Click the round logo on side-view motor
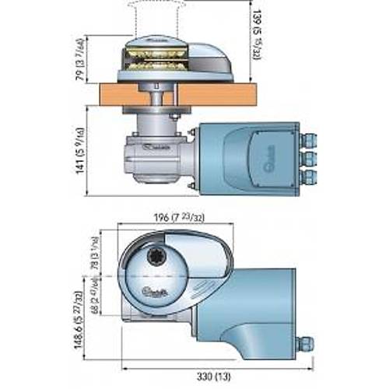click(263, 155)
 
